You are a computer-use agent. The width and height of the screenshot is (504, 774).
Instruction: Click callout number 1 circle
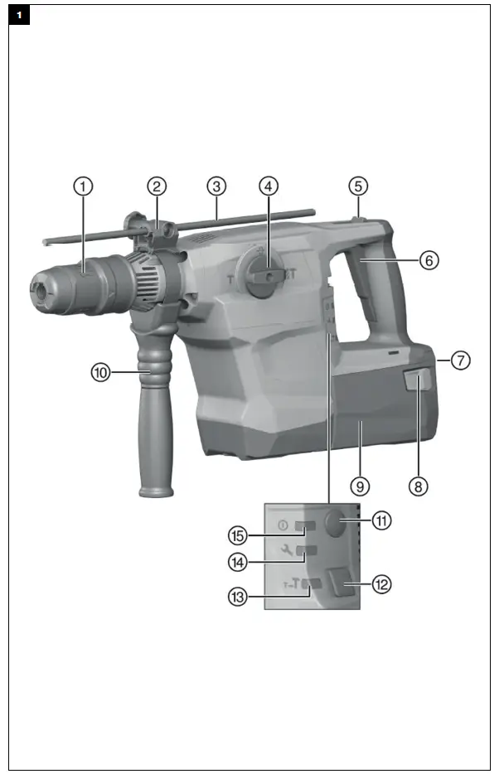pyautogui.click(x=83, y=186)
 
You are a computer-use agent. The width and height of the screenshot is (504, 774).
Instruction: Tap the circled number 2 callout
pyautogui.click(x=157, y=186)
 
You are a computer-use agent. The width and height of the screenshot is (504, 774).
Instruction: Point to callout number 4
pyautogui.click(x=268, y=186)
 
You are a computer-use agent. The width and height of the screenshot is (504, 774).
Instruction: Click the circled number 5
pyautogui.click(x=356, y=186)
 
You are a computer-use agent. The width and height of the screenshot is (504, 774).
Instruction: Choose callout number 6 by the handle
pyautogui.click(x=428, y=259)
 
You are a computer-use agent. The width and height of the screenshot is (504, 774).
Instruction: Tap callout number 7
pyautogui.click(x=461, y=360)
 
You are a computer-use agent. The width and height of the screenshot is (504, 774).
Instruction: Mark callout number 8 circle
pyautogui.click(x=419, y=486)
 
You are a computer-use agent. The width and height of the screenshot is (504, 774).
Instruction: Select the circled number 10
pyautogui.click(x=101, y=374)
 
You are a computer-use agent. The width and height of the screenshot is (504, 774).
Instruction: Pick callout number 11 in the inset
pyautogui.click(x=380, y=521)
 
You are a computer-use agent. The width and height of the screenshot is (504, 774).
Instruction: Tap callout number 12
pyautogui.click(x=380, y=584)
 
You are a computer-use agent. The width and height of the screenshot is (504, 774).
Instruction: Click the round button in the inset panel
pyautogui.click(x=335, y=524)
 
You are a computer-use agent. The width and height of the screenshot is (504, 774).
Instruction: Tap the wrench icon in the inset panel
pyautogui.click(x=287, y=550)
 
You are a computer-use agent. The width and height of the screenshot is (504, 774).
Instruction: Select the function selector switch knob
pyautogui.click(x=267, y=273)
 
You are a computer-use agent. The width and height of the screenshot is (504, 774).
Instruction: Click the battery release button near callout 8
pyautogui.click(x=416, y=380)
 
